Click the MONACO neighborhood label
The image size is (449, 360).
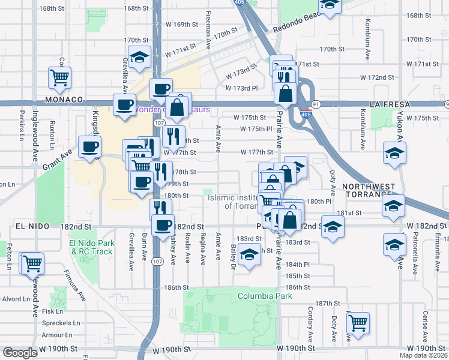(x=62, y=100)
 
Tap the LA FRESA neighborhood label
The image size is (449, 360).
(x=390, y=104)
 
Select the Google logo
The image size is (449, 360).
(x=20, y=353)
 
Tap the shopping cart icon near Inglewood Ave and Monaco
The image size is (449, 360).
(x=60, y=77)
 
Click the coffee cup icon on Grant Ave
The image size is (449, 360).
(x=90, y=147)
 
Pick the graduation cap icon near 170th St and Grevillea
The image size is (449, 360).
(x=140, y=58)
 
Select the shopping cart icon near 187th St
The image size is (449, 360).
(x=358, y=322)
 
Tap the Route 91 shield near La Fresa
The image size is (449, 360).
(x=315, y=104)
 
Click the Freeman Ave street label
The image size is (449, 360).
(x=208, y=30)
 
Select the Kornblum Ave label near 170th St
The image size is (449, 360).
(x=366, y=40)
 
